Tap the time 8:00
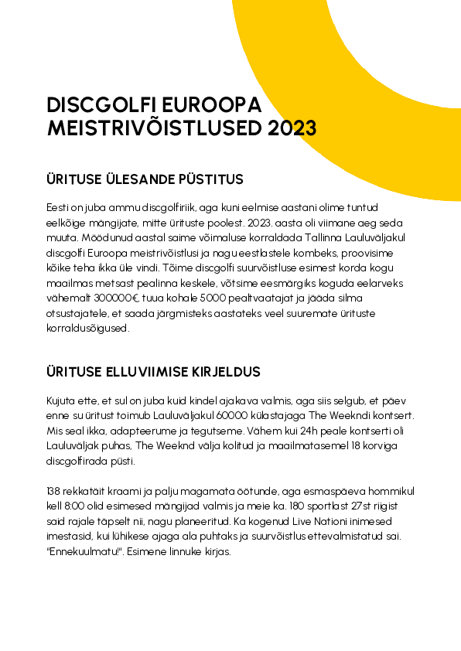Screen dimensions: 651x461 pos(73,505)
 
